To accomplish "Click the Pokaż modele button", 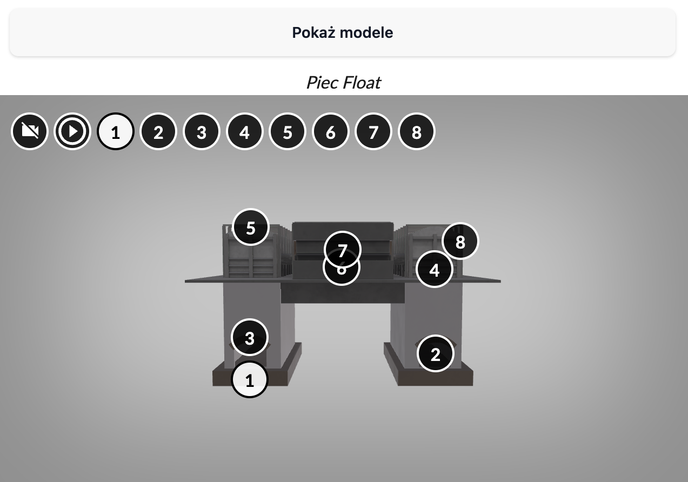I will (343, 32).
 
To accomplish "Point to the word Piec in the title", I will (322, 83).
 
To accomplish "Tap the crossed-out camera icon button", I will (30, 131).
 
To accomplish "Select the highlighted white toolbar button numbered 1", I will (115, 131).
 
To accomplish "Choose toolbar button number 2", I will (158, 131).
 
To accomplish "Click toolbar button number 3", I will (202, 131).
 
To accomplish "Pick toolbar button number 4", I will (244, 131).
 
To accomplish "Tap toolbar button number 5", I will (288, 131).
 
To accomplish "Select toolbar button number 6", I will (331, 131).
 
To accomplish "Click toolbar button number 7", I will (373, 131).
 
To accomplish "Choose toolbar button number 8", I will (417, 131).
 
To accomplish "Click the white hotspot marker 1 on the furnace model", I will (250, 380).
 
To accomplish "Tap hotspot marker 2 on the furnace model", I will (436, 354).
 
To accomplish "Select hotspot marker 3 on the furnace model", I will (250, 338).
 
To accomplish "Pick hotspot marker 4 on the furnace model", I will (435, 270).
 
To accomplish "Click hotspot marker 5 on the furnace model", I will (250, 227).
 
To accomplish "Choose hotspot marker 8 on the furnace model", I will (460, 241).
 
